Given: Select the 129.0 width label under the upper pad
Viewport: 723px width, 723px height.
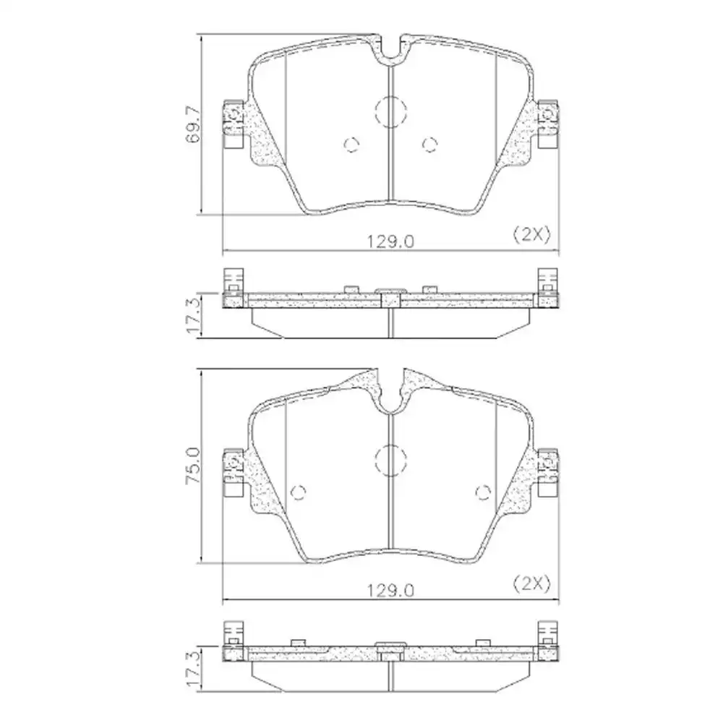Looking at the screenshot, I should [392, 241].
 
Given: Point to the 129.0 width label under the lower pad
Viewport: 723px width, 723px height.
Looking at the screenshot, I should [392, 590].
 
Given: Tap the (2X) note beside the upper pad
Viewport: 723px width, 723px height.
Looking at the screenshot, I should [531, 234].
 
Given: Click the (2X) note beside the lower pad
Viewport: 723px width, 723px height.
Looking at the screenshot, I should [531, 582].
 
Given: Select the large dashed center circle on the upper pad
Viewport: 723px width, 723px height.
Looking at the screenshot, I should [390, 112].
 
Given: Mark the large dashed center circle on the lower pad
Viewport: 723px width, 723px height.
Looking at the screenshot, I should [390, 461].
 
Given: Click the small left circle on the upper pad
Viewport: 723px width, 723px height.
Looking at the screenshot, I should [351, 145].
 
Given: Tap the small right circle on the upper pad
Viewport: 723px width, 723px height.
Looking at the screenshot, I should [429, 145].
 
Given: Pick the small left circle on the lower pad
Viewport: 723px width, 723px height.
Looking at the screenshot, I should [297, 492].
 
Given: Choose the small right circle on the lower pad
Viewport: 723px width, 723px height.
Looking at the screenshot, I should [484, 492].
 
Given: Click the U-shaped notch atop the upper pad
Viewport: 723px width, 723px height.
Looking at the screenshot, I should [390, 49].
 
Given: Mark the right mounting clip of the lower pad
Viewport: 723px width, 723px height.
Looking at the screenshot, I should [548, 469].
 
